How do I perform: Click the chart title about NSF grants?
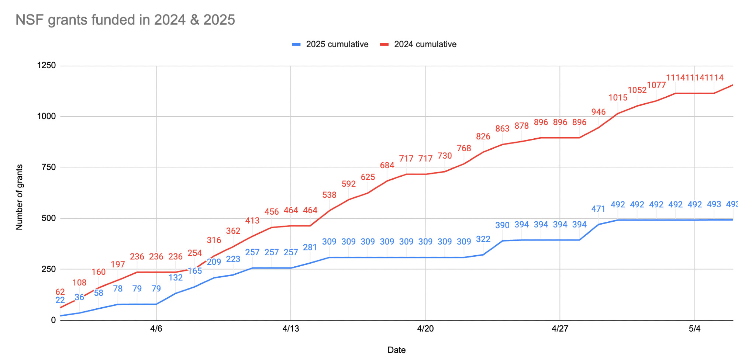tap(125, 20)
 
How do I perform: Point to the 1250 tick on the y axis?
tap(46, 66)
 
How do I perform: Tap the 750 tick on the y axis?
tap(49, 167)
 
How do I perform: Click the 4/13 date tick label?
tap(291, 329)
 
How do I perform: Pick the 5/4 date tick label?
tap(694, 329)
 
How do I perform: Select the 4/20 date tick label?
tap(425, 329)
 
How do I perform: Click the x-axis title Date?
tap(396, 350)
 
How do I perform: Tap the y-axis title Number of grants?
tap(20, 197)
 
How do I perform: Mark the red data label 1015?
tap(618, 98)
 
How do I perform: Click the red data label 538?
tap(329, 195)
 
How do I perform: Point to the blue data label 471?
tap(598, 209)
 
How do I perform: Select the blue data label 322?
tap(483, 239)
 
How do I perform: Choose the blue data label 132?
tap(176, 277)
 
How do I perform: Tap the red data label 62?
tap(60, 292)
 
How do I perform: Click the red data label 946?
tap(598, 112)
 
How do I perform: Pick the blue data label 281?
tap(310, 247)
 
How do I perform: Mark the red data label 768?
tap(464, 148)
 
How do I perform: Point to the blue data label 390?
tap(502, 225)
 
